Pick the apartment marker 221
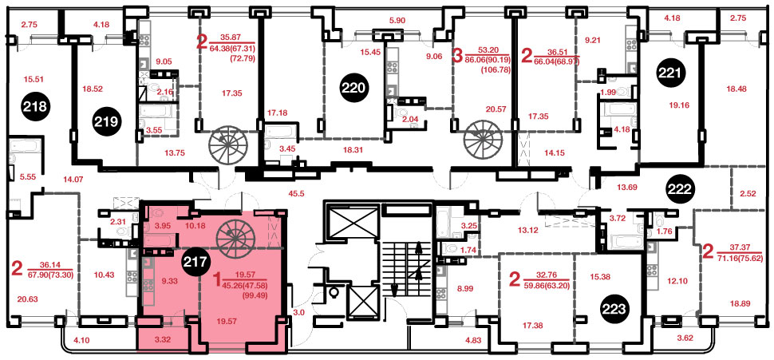click(671, 74)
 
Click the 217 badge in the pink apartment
click(195, 259)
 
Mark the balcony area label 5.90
click(397, 21)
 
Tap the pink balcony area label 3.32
click(163, 340)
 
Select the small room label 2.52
click(747, 194)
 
